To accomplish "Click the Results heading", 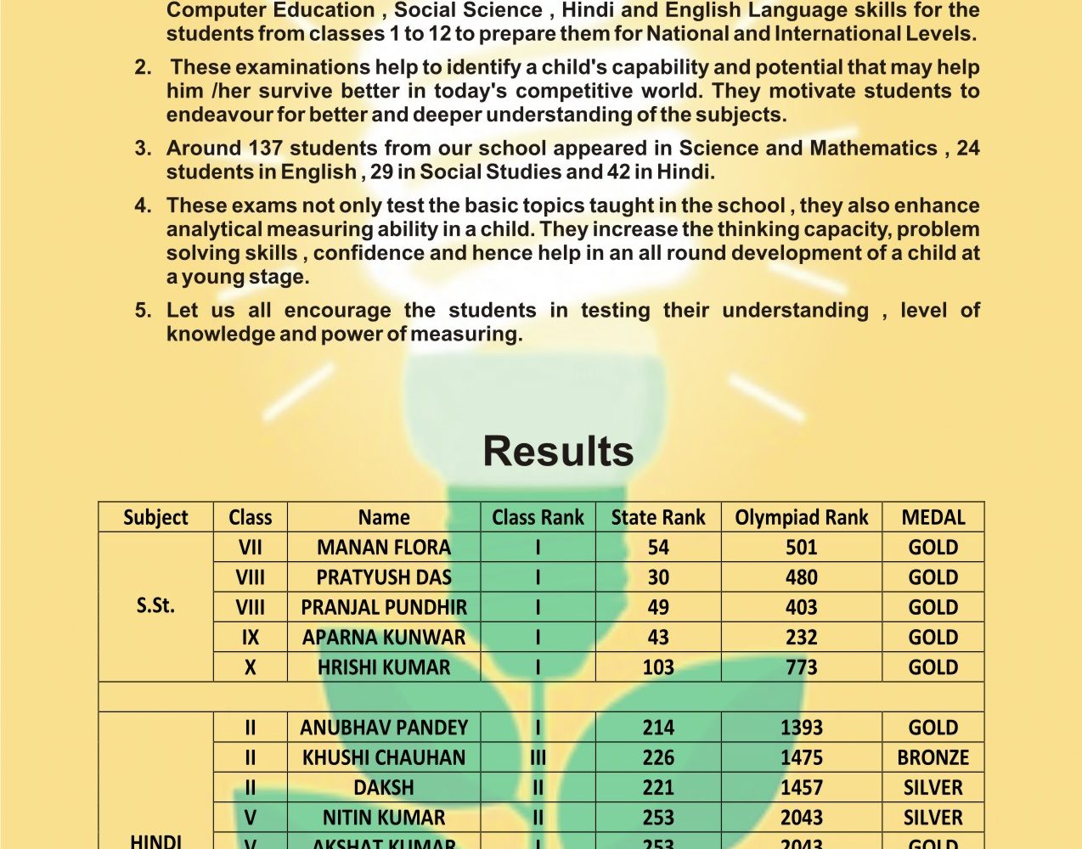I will (x=558, y=452).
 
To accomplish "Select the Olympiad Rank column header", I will (x=801, y=517).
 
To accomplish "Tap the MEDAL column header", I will (x=933, y=517).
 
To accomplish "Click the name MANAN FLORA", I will (x=384, y=548).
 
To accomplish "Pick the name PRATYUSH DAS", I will (x=384, y=577).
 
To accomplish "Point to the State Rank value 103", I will (x=658, y=667).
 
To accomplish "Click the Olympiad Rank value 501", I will (x=801, y=548).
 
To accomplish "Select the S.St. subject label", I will (x=155, y=606).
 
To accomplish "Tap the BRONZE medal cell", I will (x=933, y=757).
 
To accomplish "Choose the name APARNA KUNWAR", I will (x=384, y=638).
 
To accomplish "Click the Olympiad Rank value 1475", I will (x=801, y=757).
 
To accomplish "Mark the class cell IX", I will (x=250, y=638).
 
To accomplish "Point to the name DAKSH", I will (x=384, y=788).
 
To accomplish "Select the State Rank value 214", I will (x=658, y=728).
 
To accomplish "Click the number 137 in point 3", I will (x=265, y=149).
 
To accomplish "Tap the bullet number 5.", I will (x=143, y=311).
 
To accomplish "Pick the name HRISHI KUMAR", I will (x=384, y=667).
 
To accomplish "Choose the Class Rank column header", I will (x=538, y=517).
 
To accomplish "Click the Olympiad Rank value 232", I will (x=801, y=638).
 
